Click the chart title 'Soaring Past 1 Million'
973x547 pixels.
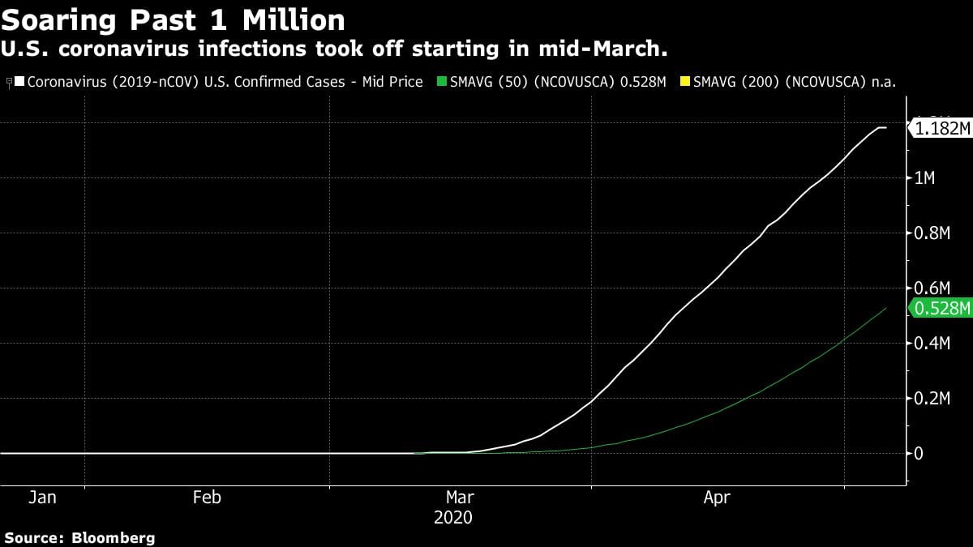174,19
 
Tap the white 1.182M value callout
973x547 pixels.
941,128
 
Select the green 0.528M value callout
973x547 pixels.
941,308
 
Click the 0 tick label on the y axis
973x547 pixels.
919,454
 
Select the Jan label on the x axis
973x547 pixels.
42,498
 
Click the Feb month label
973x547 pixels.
207,498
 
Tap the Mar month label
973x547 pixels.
460,498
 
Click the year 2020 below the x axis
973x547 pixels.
453,517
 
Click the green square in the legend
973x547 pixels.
441,82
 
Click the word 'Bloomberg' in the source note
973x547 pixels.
114,537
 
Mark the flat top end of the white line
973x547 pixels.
881,128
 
